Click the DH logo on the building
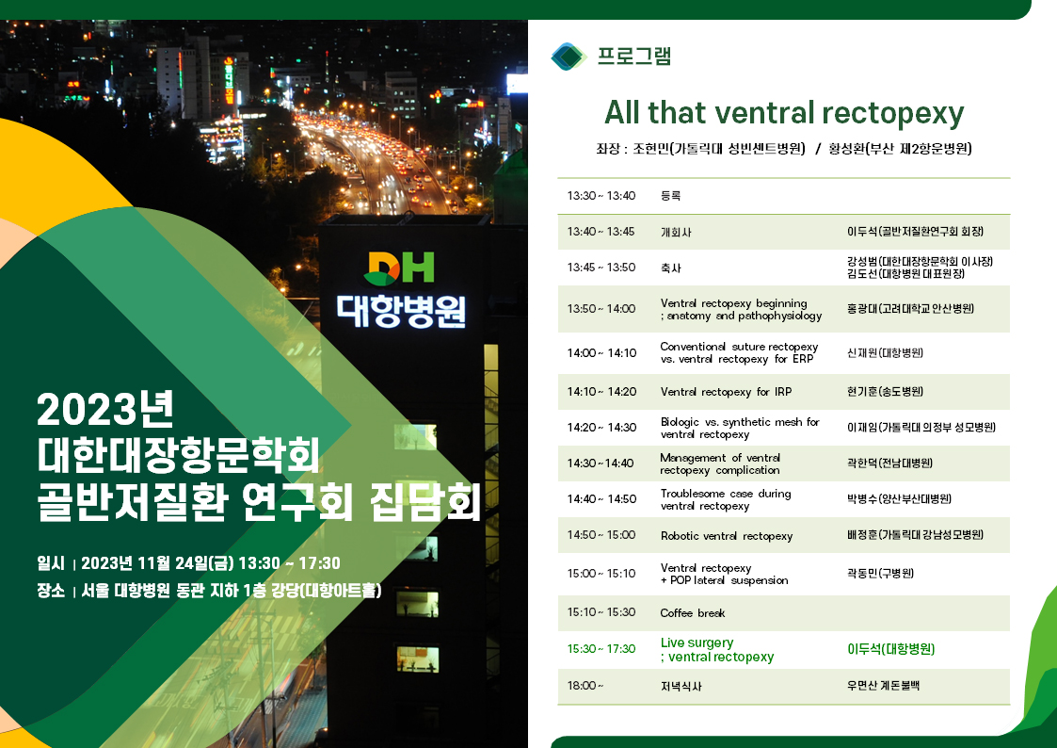[x=398, y=268]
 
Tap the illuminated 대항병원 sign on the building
[x=401, y=311]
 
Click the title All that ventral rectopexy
[x=784, y=113]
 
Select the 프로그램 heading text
[x=634, y=56]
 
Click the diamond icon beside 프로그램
[x=569, y=56]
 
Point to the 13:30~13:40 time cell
[x=601, y=196]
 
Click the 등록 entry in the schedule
[x=671, y=196]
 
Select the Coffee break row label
[x=693, y=613]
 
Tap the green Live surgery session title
[x=717, y=649]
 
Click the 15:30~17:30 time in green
[x=601, y=649]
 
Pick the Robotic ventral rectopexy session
[x=727, y=535]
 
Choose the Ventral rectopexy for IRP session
[x=726, y=392]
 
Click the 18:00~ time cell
[x=585, y=685]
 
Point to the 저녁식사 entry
[x=681, y=686]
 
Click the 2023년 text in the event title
[x=105, y=409]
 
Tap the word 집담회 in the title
[x=425, y=502]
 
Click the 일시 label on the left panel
[x=51, y=563]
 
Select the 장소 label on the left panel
[x=51, y=591]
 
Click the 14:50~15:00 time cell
[x=601, y=535]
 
